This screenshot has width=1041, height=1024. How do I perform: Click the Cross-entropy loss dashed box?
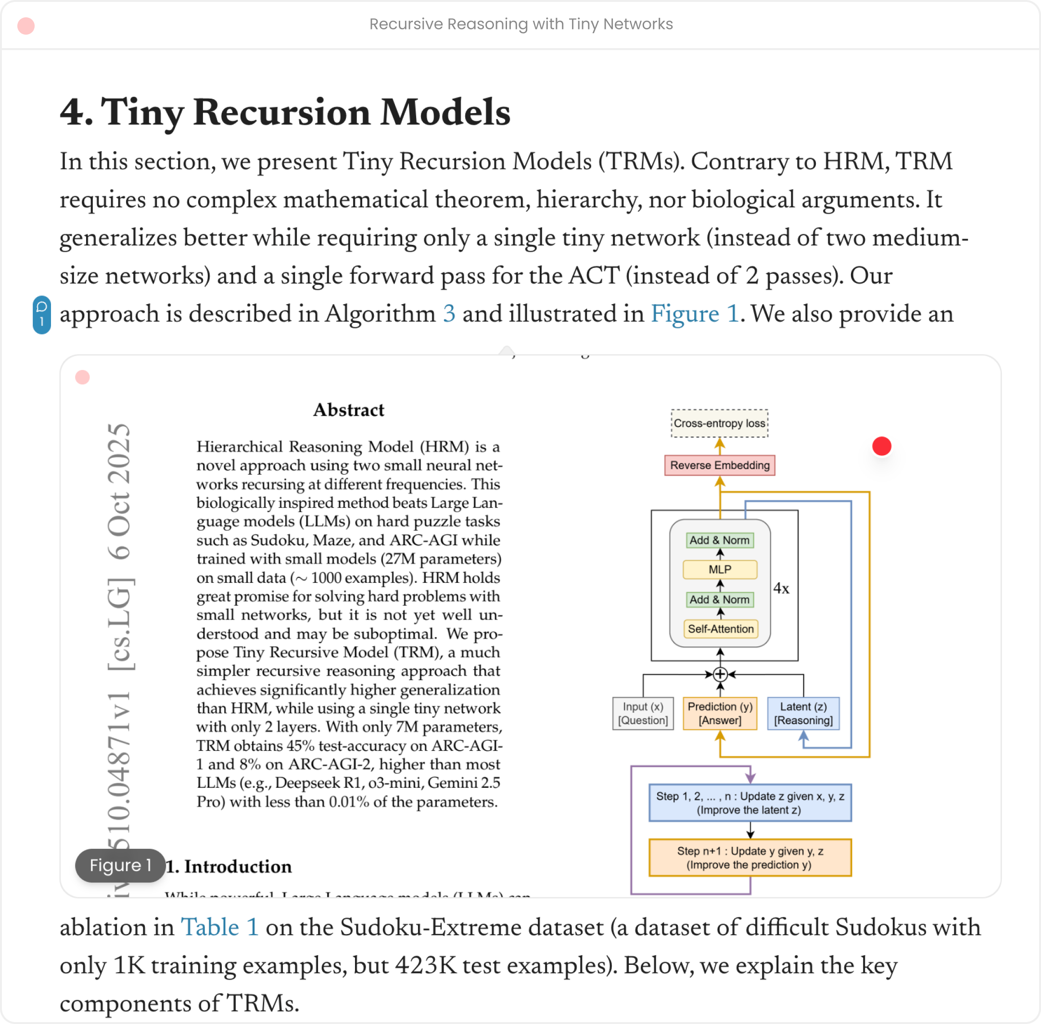720,423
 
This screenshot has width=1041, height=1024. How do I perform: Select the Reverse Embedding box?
720,465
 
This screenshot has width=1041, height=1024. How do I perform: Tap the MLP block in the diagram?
720,570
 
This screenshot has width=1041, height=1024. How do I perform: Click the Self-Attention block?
721,629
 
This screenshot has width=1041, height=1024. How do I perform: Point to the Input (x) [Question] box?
643,713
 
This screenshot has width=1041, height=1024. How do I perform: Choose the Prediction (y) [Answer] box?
720,713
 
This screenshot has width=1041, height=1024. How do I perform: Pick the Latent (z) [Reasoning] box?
803,713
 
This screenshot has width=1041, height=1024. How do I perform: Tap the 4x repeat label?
781,589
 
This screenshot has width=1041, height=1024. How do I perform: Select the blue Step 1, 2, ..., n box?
749,803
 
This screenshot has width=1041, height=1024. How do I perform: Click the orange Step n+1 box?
749,858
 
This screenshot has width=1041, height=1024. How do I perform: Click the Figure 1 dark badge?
120,865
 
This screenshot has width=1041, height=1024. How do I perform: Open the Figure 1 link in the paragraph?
694,314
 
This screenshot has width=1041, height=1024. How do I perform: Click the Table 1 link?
219,927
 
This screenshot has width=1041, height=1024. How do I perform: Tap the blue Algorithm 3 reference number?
449,314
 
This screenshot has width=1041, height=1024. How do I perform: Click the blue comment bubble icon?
42,315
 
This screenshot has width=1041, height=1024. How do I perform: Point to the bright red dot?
881,446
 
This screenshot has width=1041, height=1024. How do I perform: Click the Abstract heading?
348,410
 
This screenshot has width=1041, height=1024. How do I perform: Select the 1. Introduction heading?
228,867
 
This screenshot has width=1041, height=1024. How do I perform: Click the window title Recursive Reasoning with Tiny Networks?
520,24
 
